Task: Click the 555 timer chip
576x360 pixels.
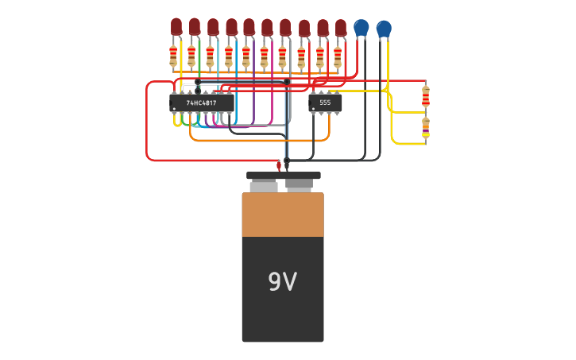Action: pyautogui.click(x=325, y=103)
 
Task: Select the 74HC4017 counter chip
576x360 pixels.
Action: pyautogui.click(x=202, y=103)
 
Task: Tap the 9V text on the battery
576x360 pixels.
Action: pyautogui.click(x=282, y=282)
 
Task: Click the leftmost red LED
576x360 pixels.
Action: pyautogui.click(x=176, y=27)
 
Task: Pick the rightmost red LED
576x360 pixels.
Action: pyautogui.click(x=341, y=28)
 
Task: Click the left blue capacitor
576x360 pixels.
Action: pyautogui.click(x=361, y=28)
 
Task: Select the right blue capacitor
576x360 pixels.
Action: pyautogui.click(x=384, y=29)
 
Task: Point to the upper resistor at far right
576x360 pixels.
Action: pyautogui.click(x=426, y=96)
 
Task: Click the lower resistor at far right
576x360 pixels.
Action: pyautogui.click(x=426, y=126)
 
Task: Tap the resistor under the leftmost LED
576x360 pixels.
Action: pyautogui.click(x=173, y=56)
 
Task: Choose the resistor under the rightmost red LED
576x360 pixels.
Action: pyautogui.click(x=338, y=57)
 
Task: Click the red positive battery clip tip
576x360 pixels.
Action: pyautogui.click(x=279, y=165)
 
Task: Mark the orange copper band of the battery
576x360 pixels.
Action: pyautogui.click(x=283, y=215)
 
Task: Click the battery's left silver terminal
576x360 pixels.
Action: pyautogui.click(x=264, y=187)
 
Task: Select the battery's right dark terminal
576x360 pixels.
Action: pyautogui.click(x=299, y=185)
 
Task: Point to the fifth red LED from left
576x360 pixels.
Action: pyautogui.click(x=249, y=28)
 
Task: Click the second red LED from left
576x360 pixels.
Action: pyautogui.click(x=195, y=27)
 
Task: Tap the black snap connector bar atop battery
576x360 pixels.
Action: pyautogui.click(x=283, y=176)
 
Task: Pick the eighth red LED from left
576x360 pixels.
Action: pyautogui.click(x=304, y=29)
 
